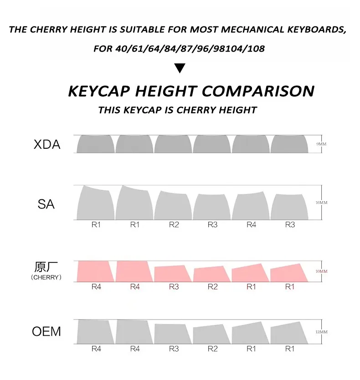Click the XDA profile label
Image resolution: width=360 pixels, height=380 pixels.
pyautogui.click(x=47, y=145)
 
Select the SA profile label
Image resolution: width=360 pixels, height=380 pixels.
pyautogui.click(x=46, y=203)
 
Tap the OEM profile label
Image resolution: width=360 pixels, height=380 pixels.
pyautogui.click(x=46, y=331)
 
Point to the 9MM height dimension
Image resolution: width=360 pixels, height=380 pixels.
pyautogui.click(x=322, y=144)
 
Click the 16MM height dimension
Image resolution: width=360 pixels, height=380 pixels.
pyautogui.click(x=322, y=202)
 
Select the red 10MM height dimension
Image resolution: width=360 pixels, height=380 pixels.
pyautogui.click(x=322, y=271)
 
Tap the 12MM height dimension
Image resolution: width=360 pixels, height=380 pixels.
pyautogui.click(x=322, y=332)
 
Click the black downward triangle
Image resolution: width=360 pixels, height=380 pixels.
pyautogui.click(x=180, y=69)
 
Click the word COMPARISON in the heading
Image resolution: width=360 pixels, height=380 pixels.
pyautogui.click(x=258, y=91)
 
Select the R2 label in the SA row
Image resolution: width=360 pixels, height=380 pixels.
pyautogui.click(x=174, y=224)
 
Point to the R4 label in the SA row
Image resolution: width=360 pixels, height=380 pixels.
pyautogui.click(x=252, y=224)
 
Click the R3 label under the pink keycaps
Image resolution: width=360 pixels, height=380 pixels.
pyautogui.click(x=174, y=286)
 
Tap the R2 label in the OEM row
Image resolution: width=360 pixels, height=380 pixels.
pyautogui.click(x=213, y=349)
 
